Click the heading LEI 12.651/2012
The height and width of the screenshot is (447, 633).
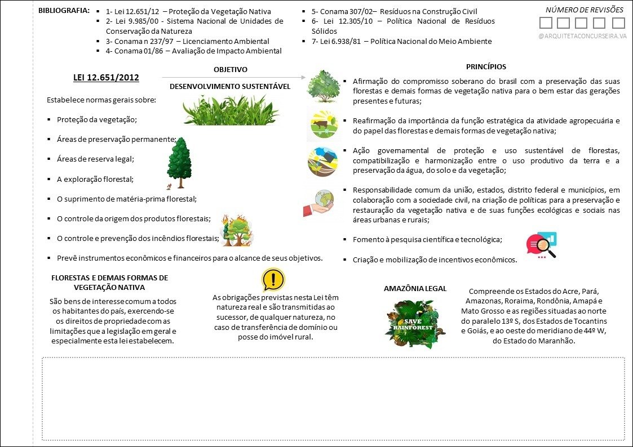(106, 78)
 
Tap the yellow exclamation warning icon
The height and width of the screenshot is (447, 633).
(273, 279)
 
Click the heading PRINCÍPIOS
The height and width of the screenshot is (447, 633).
(486, 66)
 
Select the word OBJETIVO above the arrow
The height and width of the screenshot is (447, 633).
(231, 69)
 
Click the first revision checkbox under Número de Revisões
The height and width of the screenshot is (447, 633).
(546, 23)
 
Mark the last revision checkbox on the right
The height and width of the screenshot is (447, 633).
(618, 23)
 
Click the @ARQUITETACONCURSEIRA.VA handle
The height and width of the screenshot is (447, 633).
(582, 36)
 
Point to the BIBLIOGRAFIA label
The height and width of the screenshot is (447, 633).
(64, 11)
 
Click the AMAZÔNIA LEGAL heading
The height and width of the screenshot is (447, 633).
(415, 288)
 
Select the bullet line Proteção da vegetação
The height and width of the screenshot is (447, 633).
(97, 120)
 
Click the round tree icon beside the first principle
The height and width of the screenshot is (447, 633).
(323, 86)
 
